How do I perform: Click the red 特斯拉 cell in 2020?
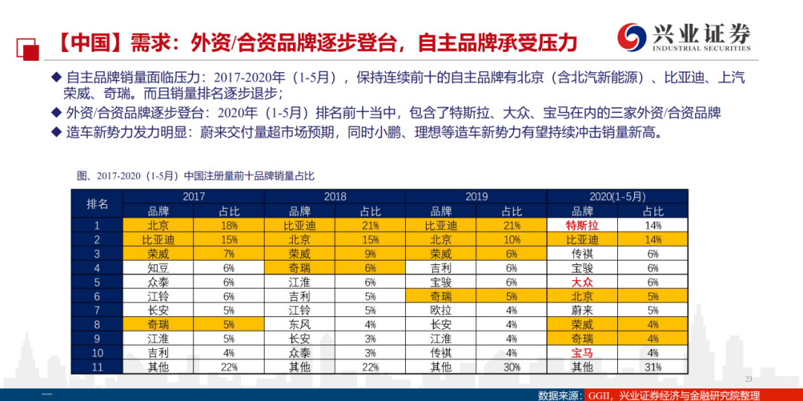[x=582, y=225]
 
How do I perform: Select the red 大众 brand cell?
[x=582, y=282]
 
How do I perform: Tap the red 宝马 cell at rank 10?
[x=582, y=353]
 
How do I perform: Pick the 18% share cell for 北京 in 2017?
[x=229, y=225]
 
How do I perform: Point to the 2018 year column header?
[x=335, y=196]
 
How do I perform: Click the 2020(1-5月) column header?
[x=618, y=196]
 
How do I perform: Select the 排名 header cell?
[x=97, y=204]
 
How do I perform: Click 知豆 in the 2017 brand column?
[x=158, y=267]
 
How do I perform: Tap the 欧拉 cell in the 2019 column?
[x=441, y=310]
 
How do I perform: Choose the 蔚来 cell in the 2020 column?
[x=582, y=310]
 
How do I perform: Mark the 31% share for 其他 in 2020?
[x=653, y=367]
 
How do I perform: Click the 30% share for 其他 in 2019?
[x=512, y=367]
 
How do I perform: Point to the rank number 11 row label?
[x=97, y=367]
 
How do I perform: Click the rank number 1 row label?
[x=97, y=225]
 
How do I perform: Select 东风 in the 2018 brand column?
[x=300, y=325]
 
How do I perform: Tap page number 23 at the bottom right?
[x=748, y=379]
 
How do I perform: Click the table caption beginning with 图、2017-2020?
[x=195, y=177]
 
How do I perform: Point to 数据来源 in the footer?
[x=561, y=395]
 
